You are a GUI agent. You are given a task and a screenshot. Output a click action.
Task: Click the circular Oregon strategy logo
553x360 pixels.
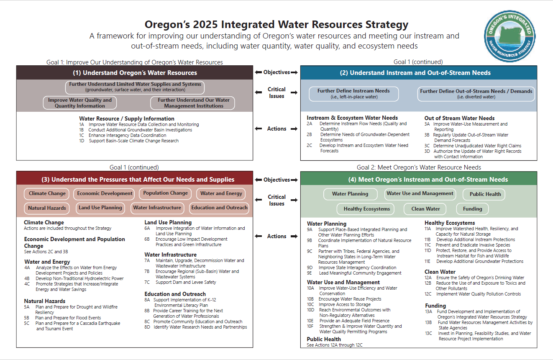pos(509,36)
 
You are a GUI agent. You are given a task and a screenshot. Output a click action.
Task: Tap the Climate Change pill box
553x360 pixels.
pos(47,193)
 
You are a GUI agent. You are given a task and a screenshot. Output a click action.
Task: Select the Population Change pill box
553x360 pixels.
pos(165,193)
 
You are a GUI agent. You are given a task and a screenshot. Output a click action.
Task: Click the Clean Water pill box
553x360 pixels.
pos(425,209)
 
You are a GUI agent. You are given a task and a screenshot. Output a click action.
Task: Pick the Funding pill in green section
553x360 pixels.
pos(472,209)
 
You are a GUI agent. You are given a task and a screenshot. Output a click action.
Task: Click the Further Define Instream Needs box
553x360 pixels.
pos(354,94)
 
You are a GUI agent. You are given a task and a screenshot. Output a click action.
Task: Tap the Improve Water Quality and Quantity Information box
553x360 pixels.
pos(80,103)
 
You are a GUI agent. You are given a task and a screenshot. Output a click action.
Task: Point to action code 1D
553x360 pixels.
pos(82,141)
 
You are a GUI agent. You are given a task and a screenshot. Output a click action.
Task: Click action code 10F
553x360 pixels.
pos(310,326)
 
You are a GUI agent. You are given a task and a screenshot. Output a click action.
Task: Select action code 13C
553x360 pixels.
pos(428,333)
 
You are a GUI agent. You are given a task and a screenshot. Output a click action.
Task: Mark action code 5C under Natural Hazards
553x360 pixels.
pos(27,323)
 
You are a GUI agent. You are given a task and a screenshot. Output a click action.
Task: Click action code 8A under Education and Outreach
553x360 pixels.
pos(147,300)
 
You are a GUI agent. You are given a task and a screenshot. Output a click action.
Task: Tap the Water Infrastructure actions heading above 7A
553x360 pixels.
pos(170,255)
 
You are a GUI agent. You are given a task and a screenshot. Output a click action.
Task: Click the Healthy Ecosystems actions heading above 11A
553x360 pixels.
pos(450,223)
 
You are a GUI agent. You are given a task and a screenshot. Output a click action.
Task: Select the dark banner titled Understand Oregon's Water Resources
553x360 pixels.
pos(135,73)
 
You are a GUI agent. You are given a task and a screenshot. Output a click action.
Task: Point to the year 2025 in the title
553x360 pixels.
pos(205,24)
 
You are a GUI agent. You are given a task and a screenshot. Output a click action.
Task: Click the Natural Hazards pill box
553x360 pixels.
pos(47,208)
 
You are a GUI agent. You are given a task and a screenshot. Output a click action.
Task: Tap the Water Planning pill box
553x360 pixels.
pos(350,194)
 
